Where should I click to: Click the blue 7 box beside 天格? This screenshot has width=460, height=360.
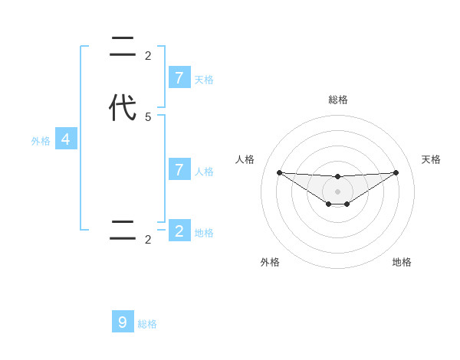pyautogui.click(x=179, y=77)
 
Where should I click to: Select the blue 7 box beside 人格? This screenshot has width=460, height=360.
pyautogui.click(x=179, y=169)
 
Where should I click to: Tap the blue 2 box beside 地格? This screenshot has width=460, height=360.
pyautogui.click(x=179, y=231)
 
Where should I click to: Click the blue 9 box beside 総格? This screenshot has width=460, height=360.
pyautogui.click(x=123, y=322)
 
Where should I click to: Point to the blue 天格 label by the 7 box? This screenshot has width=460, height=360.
pyautogui.click(x=204, y=80)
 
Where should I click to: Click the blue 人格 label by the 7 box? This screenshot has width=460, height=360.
pyautogui.click(x=204, y=172)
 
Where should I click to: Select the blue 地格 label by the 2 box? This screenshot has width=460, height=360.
pyautogui.click(x=204, y=233)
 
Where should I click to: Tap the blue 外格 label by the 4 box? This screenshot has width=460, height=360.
pyautogui.click(x=41, y=141)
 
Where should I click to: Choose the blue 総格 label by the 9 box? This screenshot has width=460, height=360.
pyautogui.click(x=147, y=324)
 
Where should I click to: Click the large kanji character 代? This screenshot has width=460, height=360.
pyautogui.click(x=123, y=108)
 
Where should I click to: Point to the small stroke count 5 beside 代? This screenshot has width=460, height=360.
pyautogui.click(x=148, y=117)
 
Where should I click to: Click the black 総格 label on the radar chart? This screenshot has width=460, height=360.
pyautogui.click(x=337, y=100)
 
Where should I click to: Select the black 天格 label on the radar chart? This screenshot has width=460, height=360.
pyautogui.click(x=431, y=159)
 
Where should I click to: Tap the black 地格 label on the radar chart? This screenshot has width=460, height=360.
pyautogui.click(x=402, y=262)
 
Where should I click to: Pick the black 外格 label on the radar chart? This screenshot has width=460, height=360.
pyautogui.click(x=270, y=262)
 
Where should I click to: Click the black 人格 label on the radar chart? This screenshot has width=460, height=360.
pyautogui.click(x=245, y=159)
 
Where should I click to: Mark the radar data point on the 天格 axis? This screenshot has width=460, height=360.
pyautogui.click(x=396, y=172)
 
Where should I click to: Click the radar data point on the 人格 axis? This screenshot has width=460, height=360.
pyautogui.click(x=279, y=172)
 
